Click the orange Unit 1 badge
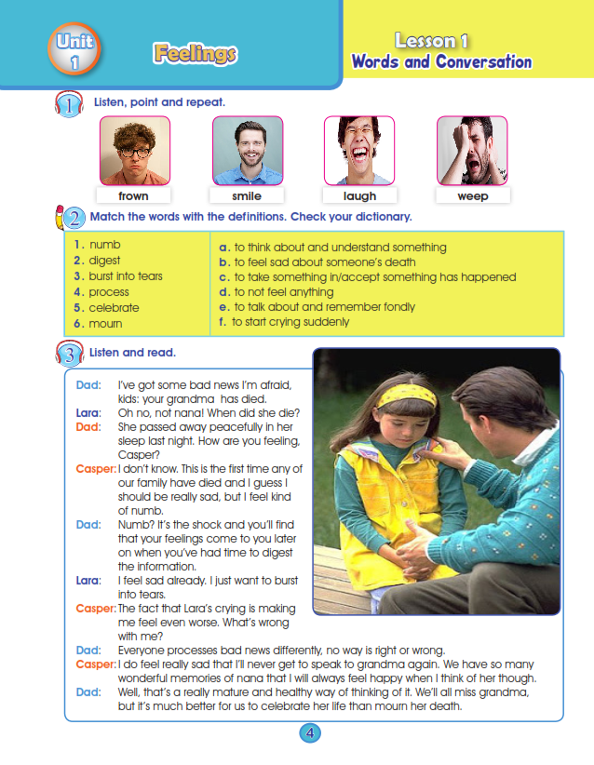point(74,52)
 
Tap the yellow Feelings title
point(195,54)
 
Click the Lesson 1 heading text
point(431,40)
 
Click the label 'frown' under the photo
point(133,196)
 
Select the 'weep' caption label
point(472,196)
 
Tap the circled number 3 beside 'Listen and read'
point(70,354)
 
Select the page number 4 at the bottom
point(310,733)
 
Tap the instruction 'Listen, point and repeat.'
point(158,101)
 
